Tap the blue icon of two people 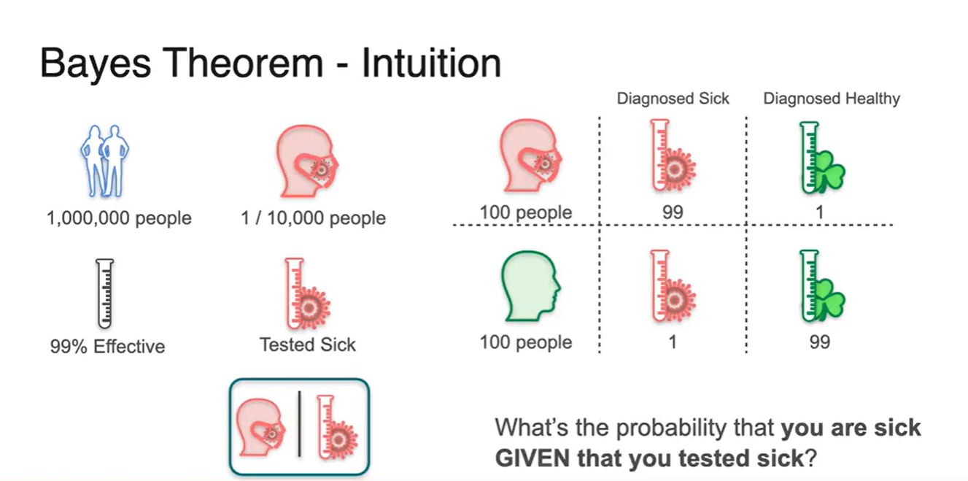103,161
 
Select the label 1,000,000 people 118,218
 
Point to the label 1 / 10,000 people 314,218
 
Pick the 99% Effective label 107,346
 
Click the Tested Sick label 308,345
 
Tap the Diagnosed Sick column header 673,99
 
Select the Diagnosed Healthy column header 832,99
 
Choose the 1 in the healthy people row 673,342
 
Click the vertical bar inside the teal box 299,425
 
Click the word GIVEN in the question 533,459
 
